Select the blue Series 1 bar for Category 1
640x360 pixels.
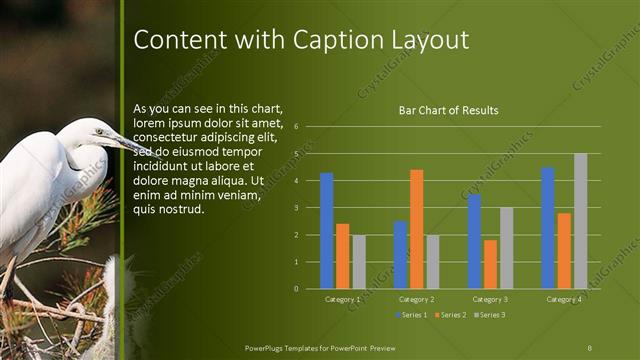pyautogui.click(x=326, y=231)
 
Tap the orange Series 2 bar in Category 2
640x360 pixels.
pyautogui.click(x=416, y=229)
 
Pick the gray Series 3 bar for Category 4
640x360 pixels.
pyautogui.click(x=580, y=221)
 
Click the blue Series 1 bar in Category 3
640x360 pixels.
pyautogui.click(x=474, y=242)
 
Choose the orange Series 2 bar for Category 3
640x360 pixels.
pyautogui.click(x=490, y=264)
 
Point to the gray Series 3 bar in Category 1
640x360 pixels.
pyautogui.click(x=359, y=262)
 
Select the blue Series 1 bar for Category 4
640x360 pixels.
pyautogui.click(x=548, y=228)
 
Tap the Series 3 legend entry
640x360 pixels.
pyautogui.click(x=489, y=315)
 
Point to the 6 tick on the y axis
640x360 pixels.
pyautogui.click(x=296, y=127)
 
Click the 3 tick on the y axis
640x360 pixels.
pyautogui.click(x=296, y=208)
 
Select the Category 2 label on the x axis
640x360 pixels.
pyautogui.click(x=416, y=299)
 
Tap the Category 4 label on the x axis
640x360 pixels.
pyautogui.click(x=564, y=299)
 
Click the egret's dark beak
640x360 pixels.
pyautogui.click(x=129, y=144)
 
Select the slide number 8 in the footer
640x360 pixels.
pyautogui.click(x=590, y=346)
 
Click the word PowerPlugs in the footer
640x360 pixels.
pyautogui.click(x=267, y=346)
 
